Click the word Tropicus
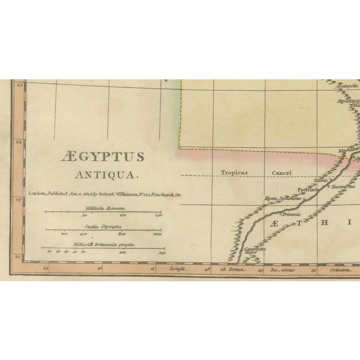pyautogui.click(x=234, y=173)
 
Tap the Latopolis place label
pyautogui.click(x=331, y=86)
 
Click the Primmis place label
pyautogui.click(x=292, y=214)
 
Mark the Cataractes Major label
pyautogui.click(x=255, y=250)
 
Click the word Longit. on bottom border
pyautogui.click(x=178, y=270)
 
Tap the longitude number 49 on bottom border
pyautogui.click(x=260, y=270)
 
